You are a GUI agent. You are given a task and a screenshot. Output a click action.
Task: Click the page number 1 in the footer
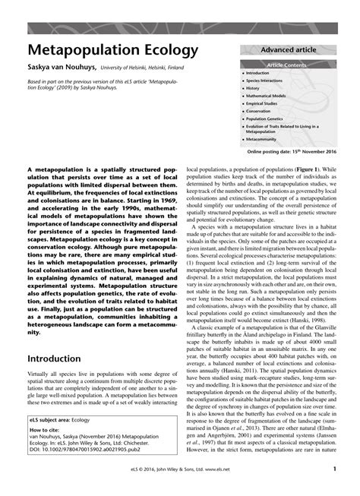334,469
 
